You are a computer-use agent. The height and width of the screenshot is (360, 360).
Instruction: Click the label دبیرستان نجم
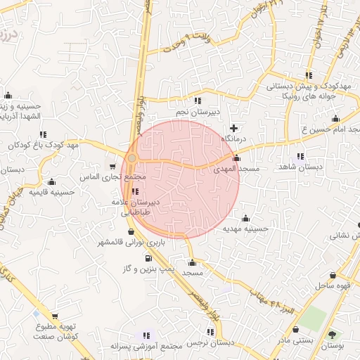point(198,111)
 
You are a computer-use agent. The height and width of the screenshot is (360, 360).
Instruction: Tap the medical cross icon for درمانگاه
point(233,129)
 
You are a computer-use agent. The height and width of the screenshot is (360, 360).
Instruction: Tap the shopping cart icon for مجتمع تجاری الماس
point(112,166)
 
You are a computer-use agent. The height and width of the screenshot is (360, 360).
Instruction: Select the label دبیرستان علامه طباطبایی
point(137,206)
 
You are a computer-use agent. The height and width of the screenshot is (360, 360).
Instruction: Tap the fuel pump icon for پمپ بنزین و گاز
point(148,258)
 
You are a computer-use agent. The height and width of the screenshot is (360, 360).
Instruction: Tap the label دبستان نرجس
point(210,342)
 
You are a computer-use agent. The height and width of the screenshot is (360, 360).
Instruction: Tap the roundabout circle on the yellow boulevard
point(132,157)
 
